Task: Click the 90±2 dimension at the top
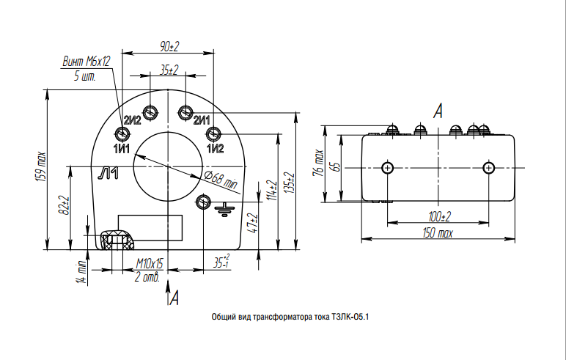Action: point(169,46)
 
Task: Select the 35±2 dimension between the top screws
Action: point(169,70)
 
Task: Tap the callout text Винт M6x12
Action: point(86,62)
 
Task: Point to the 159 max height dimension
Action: point(42,166)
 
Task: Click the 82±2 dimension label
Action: point(65,205)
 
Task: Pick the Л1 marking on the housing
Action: point(109,173)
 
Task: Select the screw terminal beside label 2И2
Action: point(150,112)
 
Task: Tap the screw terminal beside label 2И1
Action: point(185,112)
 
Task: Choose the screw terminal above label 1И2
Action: point(213,133)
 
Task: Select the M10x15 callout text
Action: point(152,263)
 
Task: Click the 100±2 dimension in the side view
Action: point(440,216)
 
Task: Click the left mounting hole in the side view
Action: point(388,168)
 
